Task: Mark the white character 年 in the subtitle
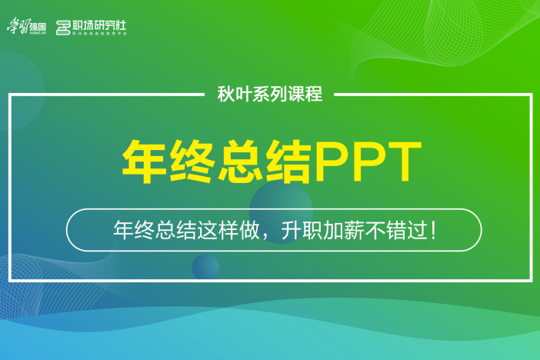tap(122, 229)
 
